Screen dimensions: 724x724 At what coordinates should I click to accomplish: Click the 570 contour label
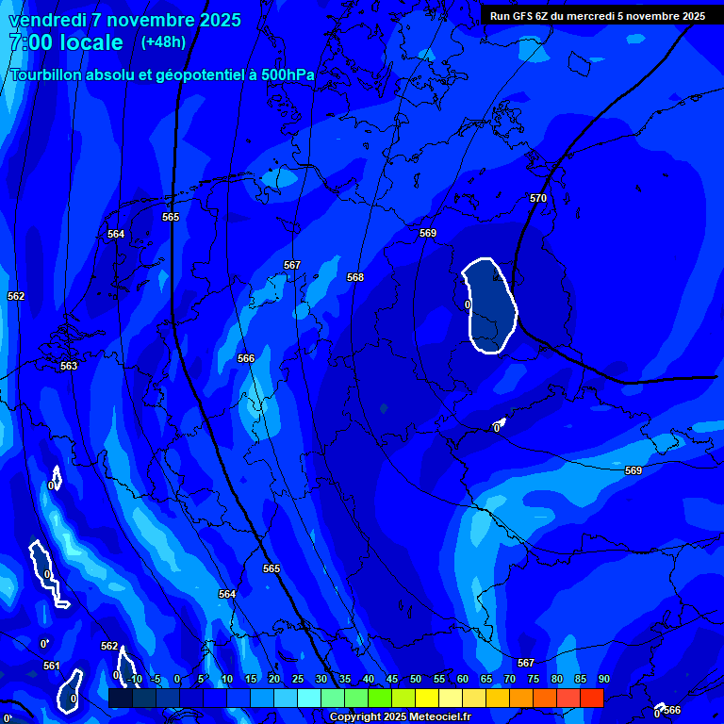coord(538,198)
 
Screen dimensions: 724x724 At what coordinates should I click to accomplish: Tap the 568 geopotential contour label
coord(355,277)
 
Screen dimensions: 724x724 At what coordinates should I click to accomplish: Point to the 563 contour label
coord(69,366)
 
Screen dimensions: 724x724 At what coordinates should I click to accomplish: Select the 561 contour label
coord(52,666)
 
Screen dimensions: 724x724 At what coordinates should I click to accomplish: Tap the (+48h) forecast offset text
coord(163,42)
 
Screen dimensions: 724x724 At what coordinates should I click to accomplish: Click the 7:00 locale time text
coord(66,42)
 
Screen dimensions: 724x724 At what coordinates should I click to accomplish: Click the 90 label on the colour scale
coord(603,679)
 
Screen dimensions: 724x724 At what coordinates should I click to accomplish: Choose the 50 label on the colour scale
coord(415,679)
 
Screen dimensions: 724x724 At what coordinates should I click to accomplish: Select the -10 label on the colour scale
coord(134,679)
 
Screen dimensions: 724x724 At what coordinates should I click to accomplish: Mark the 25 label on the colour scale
coord(297,679)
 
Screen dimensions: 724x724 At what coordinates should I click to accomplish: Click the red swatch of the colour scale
coord(591,698)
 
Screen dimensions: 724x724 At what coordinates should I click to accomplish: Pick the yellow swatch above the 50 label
coord(426,698)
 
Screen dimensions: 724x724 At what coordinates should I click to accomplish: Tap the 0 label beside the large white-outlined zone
coord(468,304)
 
